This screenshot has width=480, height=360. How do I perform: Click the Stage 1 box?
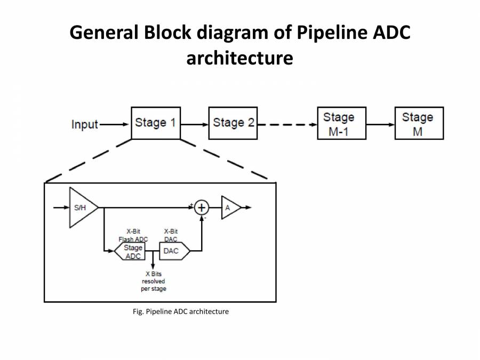(155, 123)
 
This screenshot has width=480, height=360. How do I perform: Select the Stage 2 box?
(233, 123)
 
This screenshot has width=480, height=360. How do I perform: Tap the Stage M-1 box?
(341, 124)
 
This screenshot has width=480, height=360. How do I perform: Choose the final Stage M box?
(419, 124)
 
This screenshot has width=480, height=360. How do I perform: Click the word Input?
(85, 124)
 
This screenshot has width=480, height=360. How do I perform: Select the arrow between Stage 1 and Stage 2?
(194, 124)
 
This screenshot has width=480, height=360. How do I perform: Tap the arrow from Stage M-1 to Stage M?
(380, 124)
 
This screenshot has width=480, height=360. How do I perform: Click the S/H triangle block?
(81, 207)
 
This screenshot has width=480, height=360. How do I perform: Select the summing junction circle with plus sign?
(202, 207)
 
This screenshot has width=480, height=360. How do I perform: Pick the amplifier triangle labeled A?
(230, 207)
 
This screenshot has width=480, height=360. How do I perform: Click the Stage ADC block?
(133, 251)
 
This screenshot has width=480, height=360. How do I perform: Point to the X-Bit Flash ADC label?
(133, 235)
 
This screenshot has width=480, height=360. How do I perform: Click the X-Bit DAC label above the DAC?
(171, 235)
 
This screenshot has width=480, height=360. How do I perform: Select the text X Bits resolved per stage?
(154, 281)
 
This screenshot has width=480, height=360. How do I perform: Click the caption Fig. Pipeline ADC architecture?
(180, 311)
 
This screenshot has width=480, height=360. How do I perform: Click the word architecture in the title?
(239, 58)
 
